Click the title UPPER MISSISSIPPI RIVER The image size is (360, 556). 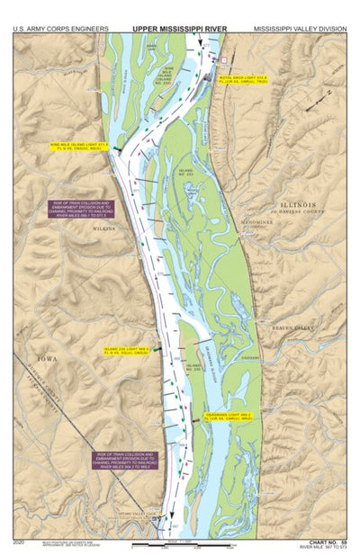[x=179, y=28]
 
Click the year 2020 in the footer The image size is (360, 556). [x=20, y=542]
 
